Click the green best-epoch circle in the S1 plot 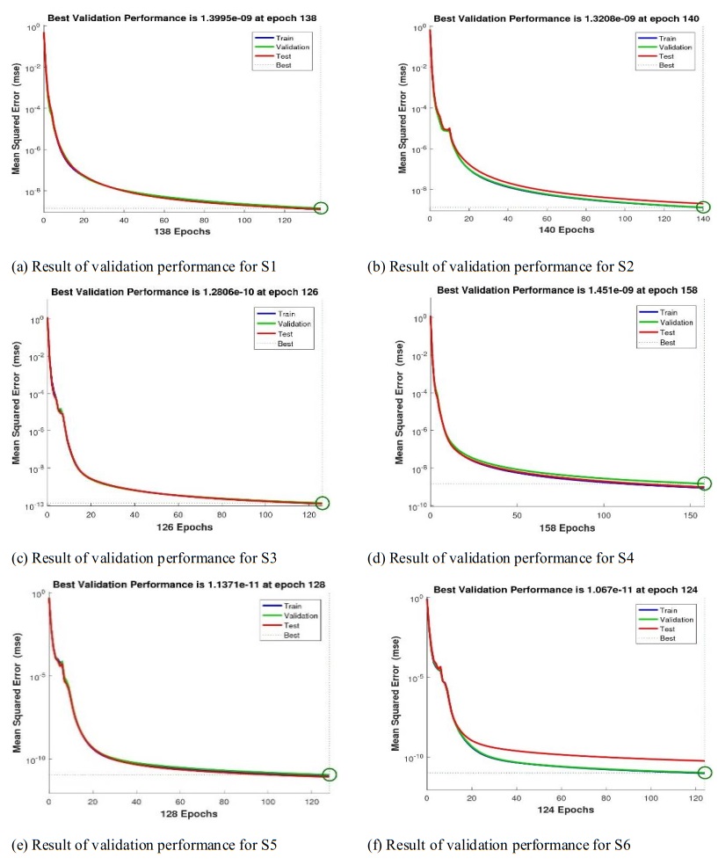tap(320, 208)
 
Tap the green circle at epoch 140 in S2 tap(703, 207)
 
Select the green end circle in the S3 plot tap(322, 503)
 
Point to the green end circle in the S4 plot tap(704, 483)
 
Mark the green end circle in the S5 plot tap(330, 774)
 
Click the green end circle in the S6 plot tap(704, 773)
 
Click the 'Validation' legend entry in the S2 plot tap(678, 47)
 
